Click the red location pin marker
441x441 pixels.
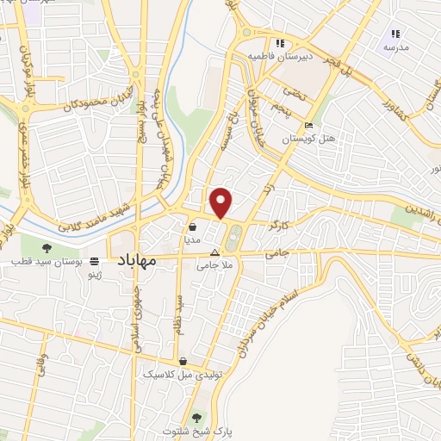point(222,202)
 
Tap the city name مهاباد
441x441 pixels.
point(135,259)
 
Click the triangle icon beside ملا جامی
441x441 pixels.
point(214,252)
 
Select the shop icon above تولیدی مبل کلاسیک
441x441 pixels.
point(183,362)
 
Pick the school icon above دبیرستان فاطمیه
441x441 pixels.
point(278,43)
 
